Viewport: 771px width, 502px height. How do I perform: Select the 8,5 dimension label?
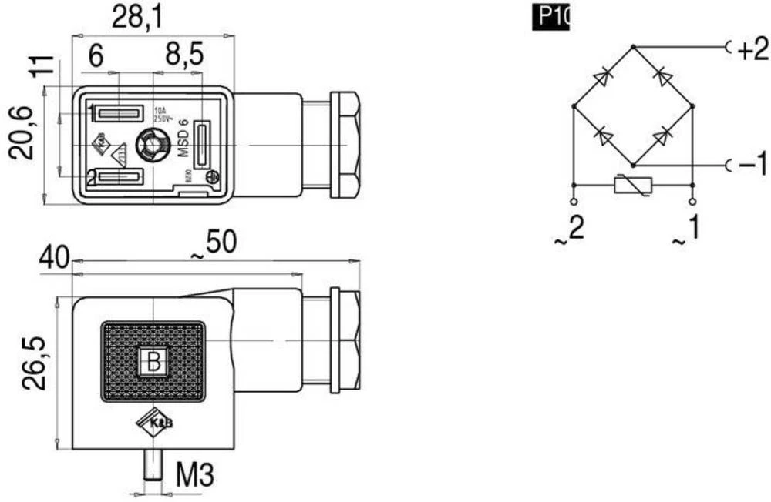[184, 55]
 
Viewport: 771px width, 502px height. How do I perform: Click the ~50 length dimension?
[212, 244]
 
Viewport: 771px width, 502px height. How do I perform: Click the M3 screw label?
[194, 476]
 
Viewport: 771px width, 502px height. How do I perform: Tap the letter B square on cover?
[153, 361]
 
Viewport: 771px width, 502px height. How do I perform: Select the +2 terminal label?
[752, 50]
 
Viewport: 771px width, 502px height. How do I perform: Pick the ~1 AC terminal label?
[688, 229]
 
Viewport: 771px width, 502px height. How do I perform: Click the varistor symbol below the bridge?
[631, 185]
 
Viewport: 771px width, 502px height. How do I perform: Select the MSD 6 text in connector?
[183, 138]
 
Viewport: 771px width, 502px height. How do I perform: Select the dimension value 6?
[96, 55]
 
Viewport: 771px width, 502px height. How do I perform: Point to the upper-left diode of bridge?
[604, 77]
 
